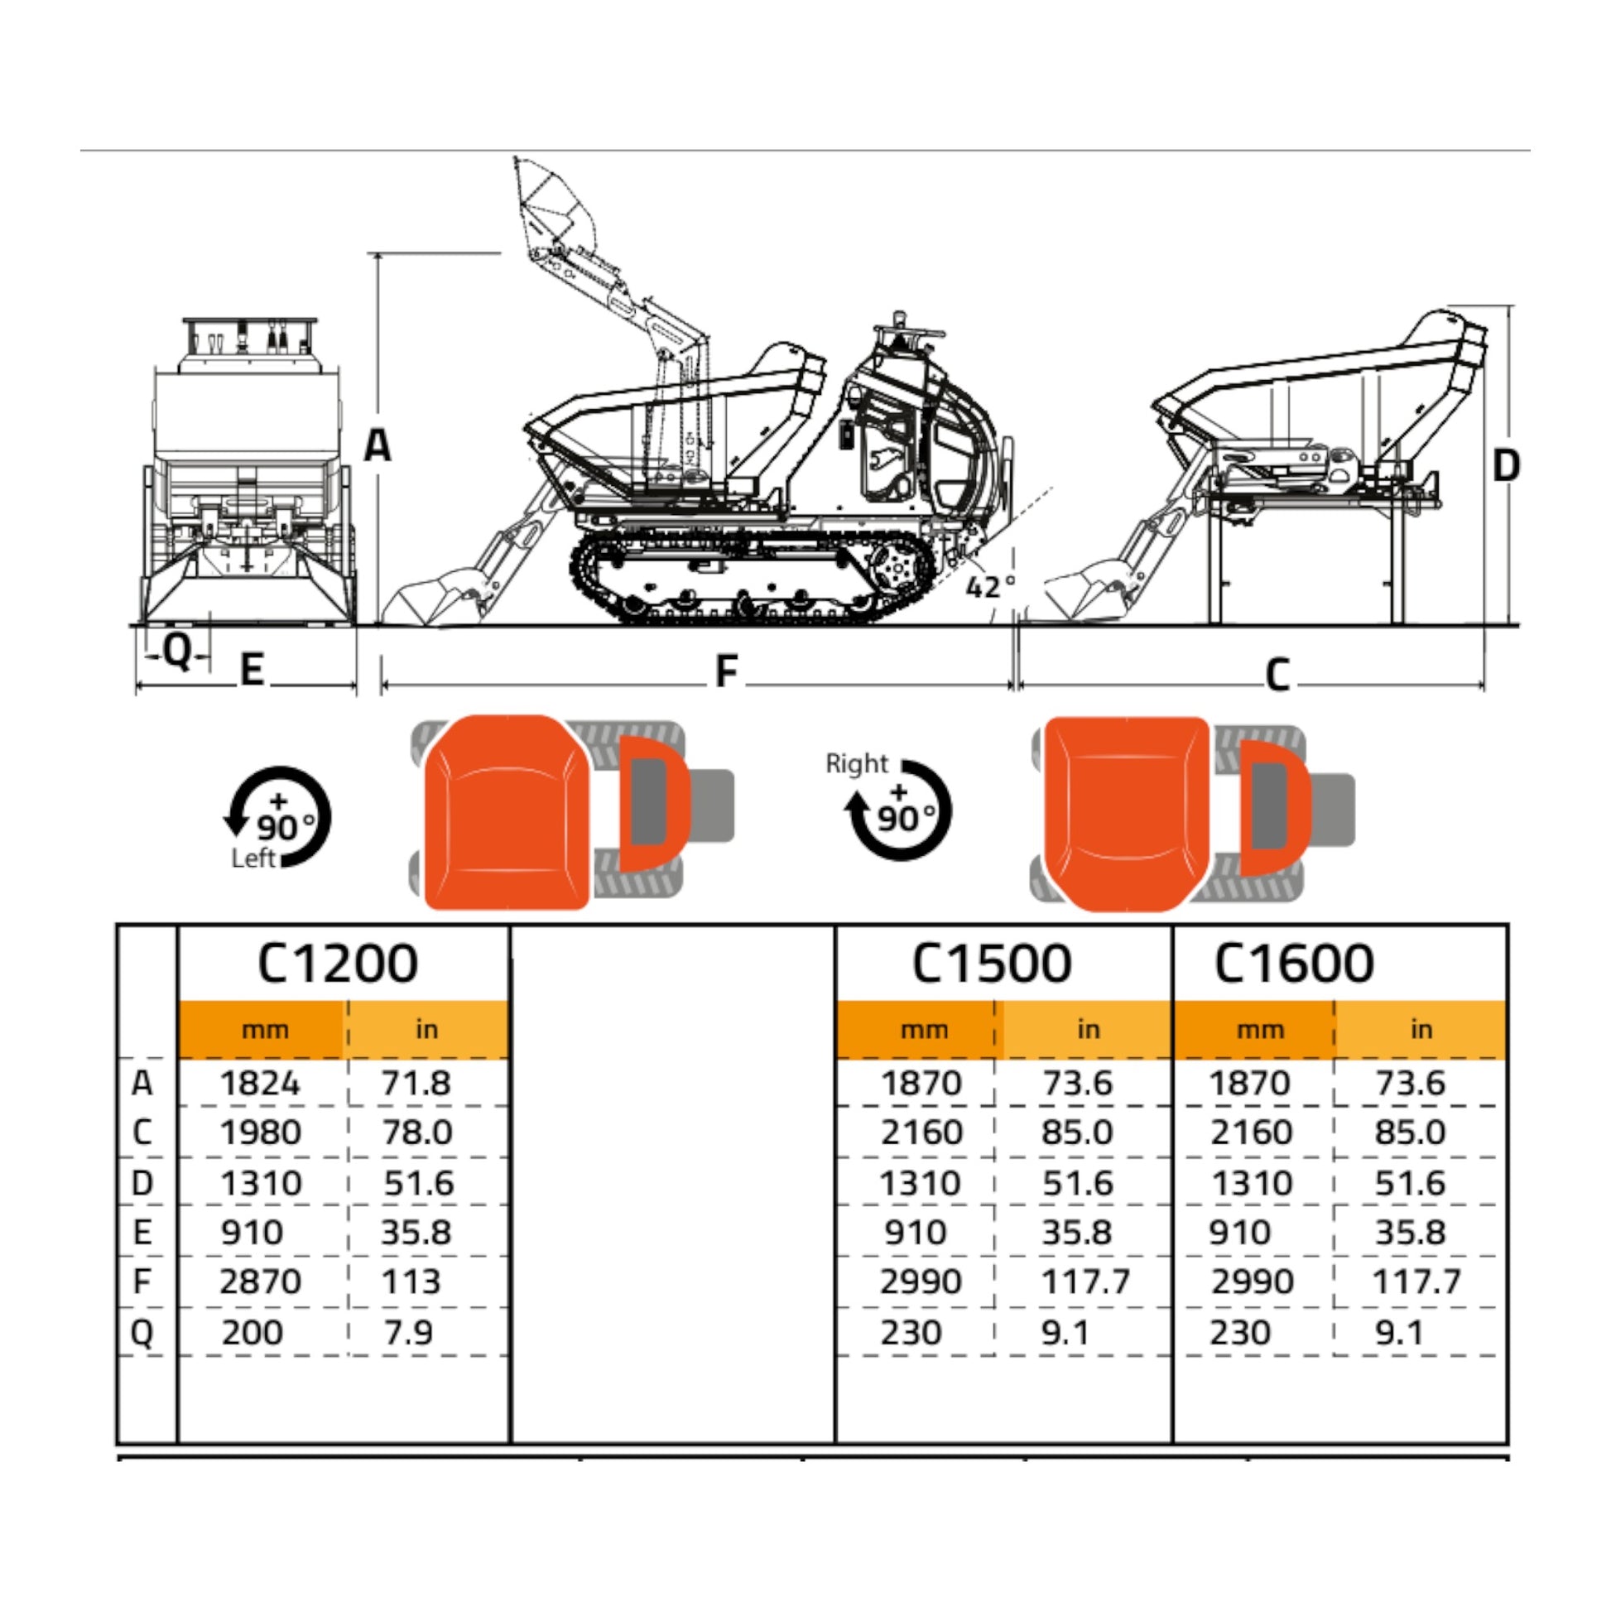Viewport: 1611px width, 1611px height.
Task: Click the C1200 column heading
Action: click(x=338, y=964)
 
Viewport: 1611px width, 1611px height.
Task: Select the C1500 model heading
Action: click(x=992, y=964)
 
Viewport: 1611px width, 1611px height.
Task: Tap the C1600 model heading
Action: click(x=1293, y=964)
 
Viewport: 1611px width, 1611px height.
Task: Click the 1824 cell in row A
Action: click(x=260, y=1083)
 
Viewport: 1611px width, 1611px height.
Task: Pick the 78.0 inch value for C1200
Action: click(x=417, y=1133)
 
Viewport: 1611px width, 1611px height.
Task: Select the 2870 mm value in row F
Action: click(x=260, y=1282)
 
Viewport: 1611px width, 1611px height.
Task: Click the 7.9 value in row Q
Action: click(x=409, y=1333)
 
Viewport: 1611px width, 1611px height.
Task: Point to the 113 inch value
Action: click(x=411, y=1282)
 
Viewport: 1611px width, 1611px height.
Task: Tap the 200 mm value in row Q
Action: click(x=252, y=1333)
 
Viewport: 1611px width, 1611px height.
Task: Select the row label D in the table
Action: click(x=142, y=1183)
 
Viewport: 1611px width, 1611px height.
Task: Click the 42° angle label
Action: click(x=991, y=587)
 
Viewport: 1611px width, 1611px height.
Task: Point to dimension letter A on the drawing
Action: click(x=378, y=445)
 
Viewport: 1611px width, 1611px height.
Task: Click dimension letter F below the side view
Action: click(x=727, y=671)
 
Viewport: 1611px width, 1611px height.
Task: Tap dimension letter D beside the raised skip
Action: click(x=1506, y=465)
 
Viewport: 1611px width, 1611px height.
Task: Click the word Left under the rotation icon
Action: click(x=253, y=858)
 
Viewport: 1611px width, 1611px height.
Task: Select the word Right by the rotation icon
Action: click(x=856, y=764)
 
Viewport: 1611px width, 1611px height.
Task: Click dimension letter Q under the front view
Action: click(x=178, y=653)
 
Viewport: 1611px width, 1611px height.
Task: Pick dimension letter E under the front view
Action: click(x=252, y=670)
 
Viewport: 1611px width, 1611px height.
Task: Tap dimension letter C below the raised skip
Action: click(x=1277, y=676)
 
